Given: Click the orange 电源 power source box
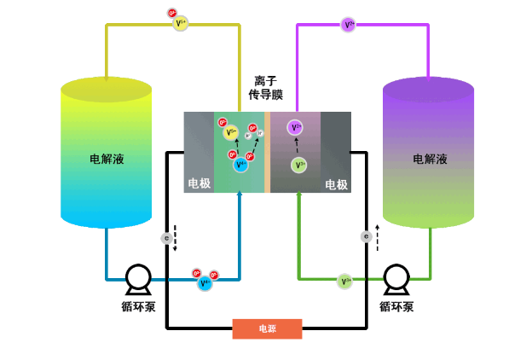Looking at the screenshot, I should pos(267,328).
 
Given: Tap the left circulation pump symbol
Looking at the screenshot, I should pos(137,278).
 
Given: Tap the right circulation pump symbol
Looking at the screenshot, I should pos(396,278).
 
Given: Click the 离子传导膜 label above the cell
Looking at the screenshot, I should pos(265,88).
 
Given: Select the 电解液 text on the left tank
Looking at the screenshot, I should pos(107,159).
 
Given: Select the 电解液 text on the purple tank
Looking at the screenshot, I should pos(429,159).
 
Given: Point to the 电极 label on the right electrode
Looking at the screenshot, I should pos(336,184).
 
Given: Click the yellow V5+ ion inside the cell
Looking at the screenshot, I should pos(231,132).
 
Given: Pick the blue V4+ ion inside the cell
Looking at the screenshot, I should pos(240,164).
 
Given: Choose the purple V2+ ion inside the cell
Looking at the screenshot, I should pos(295,128).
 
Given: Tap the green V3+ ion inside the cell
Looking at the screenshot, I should pos(298,165).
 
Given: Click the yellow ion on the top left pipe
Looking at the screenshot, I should pos(180,24).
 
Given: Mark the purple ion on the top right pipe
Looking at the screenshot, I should pos(348,24).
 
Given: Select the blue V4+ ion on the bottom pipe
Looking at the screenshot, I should pos(205,282).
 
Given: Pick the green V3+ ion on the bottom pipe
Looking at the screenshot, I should pos(344,281).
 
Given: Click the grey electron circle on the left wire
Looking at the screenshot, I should pos(167,239).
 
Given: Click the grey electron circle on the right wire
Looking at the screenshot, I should pos(366,236).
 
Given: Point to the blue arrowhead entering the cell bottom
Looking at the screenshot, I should pos(240,195).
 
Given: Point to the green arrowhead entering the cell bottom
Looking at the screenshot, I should pos(298,195).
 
